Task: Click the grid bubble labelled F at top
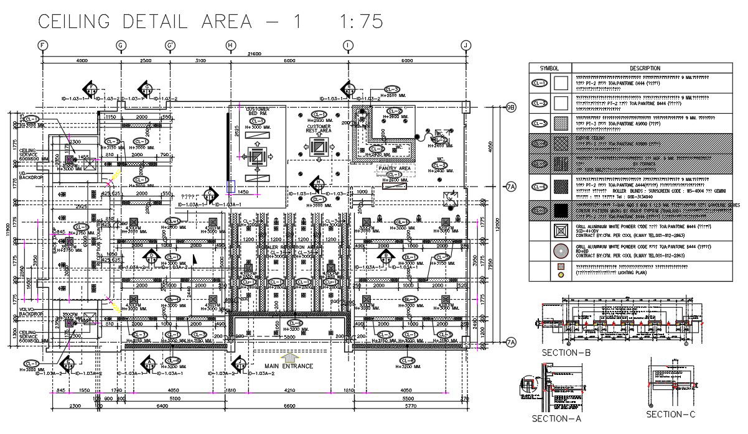pos(42,45)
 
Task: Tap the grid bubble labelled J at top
pos(465,45)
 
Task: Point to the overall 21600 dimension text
pos(254,53)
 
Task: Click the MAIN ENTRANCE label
pos(289,366)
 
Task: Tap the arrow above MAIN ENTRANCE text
pos(289,357)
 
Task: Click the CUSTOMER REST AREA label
pos(319,129)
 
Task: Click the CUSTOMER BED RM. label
pos(258,111)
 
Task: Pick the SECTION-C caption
pos(670,414)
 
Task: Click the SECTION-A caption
pos(556,418)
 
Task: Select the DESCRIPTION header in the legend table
pos(645,68)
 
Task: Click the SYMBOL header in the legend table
pos(549,68)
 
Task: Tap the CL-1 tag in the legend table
pos(539,82)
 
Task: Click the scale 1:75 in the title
pos(361,21)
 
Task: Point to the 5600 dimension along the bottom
pos(289,406)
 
